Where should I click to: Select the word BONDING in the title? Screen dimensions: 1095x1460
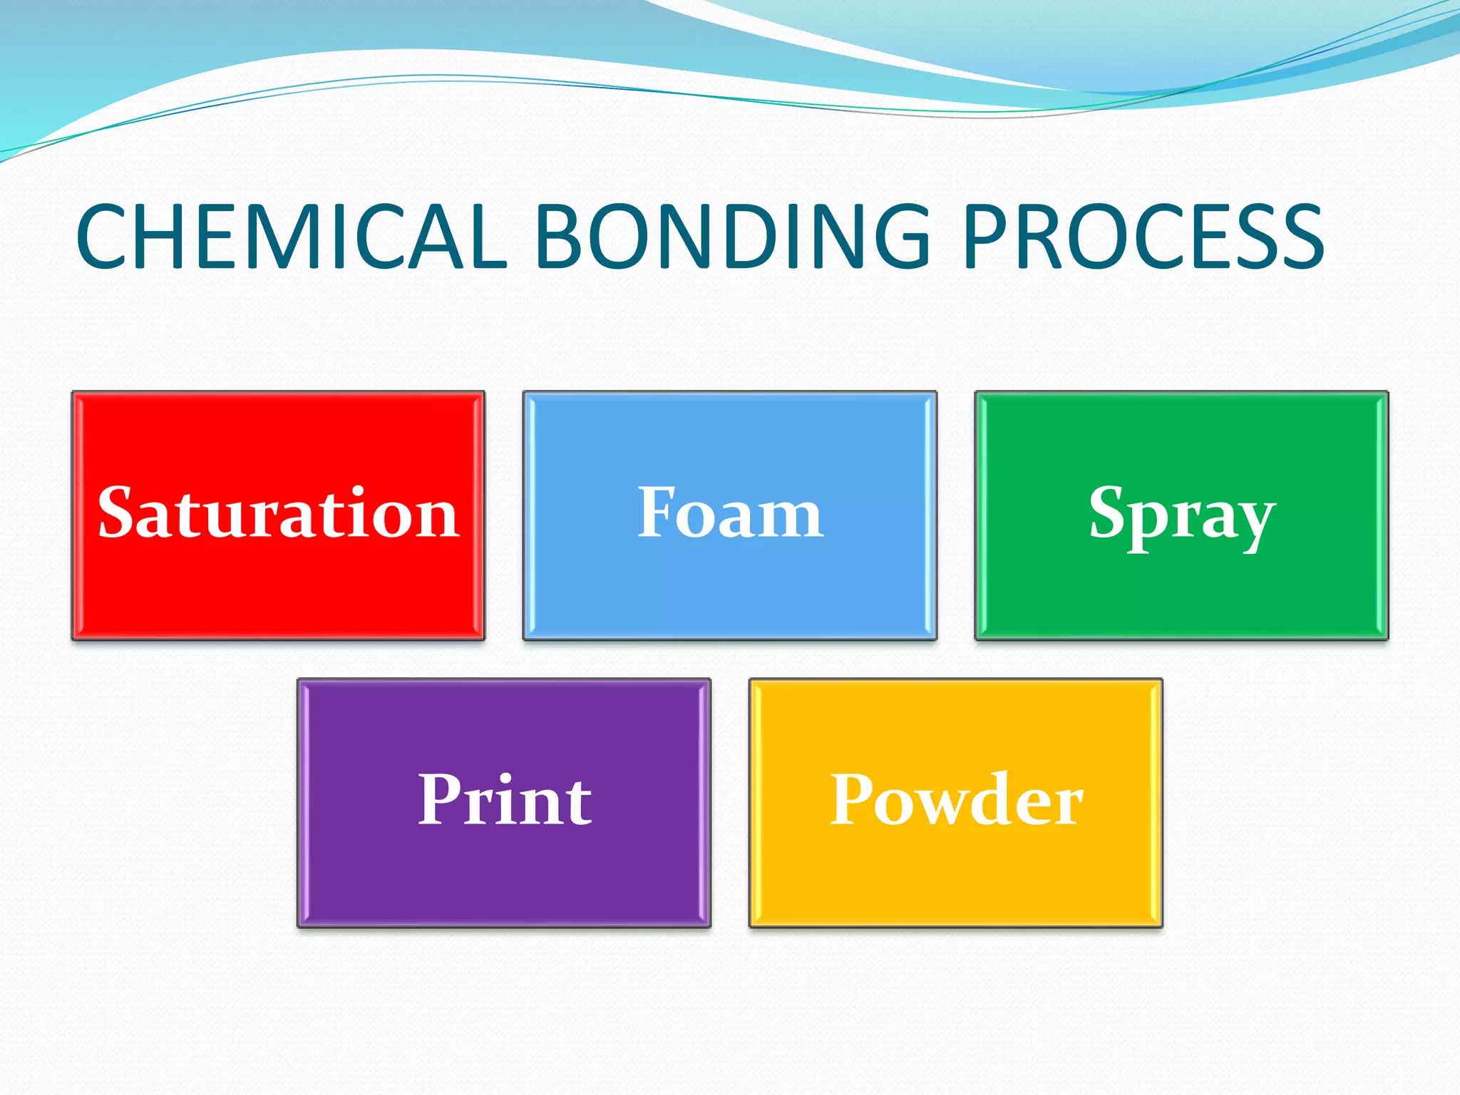coord(731,237)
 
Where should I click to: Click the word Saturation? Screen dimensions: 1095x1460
coord(278,513)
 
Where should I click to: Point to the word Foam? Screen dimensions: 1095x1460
coord(730,513)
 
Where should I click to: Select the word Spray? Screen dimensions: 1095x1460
coord(1181,515)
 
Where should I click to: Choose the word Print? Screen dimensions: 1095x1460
coord(504,800)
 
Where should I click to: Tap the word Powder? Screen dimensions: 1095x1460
coord(956,800)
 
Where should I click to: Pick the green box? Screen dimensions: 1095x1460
coord(1181,592)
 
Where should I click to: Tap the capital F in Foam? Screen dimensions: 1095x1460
coord(655,511)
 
